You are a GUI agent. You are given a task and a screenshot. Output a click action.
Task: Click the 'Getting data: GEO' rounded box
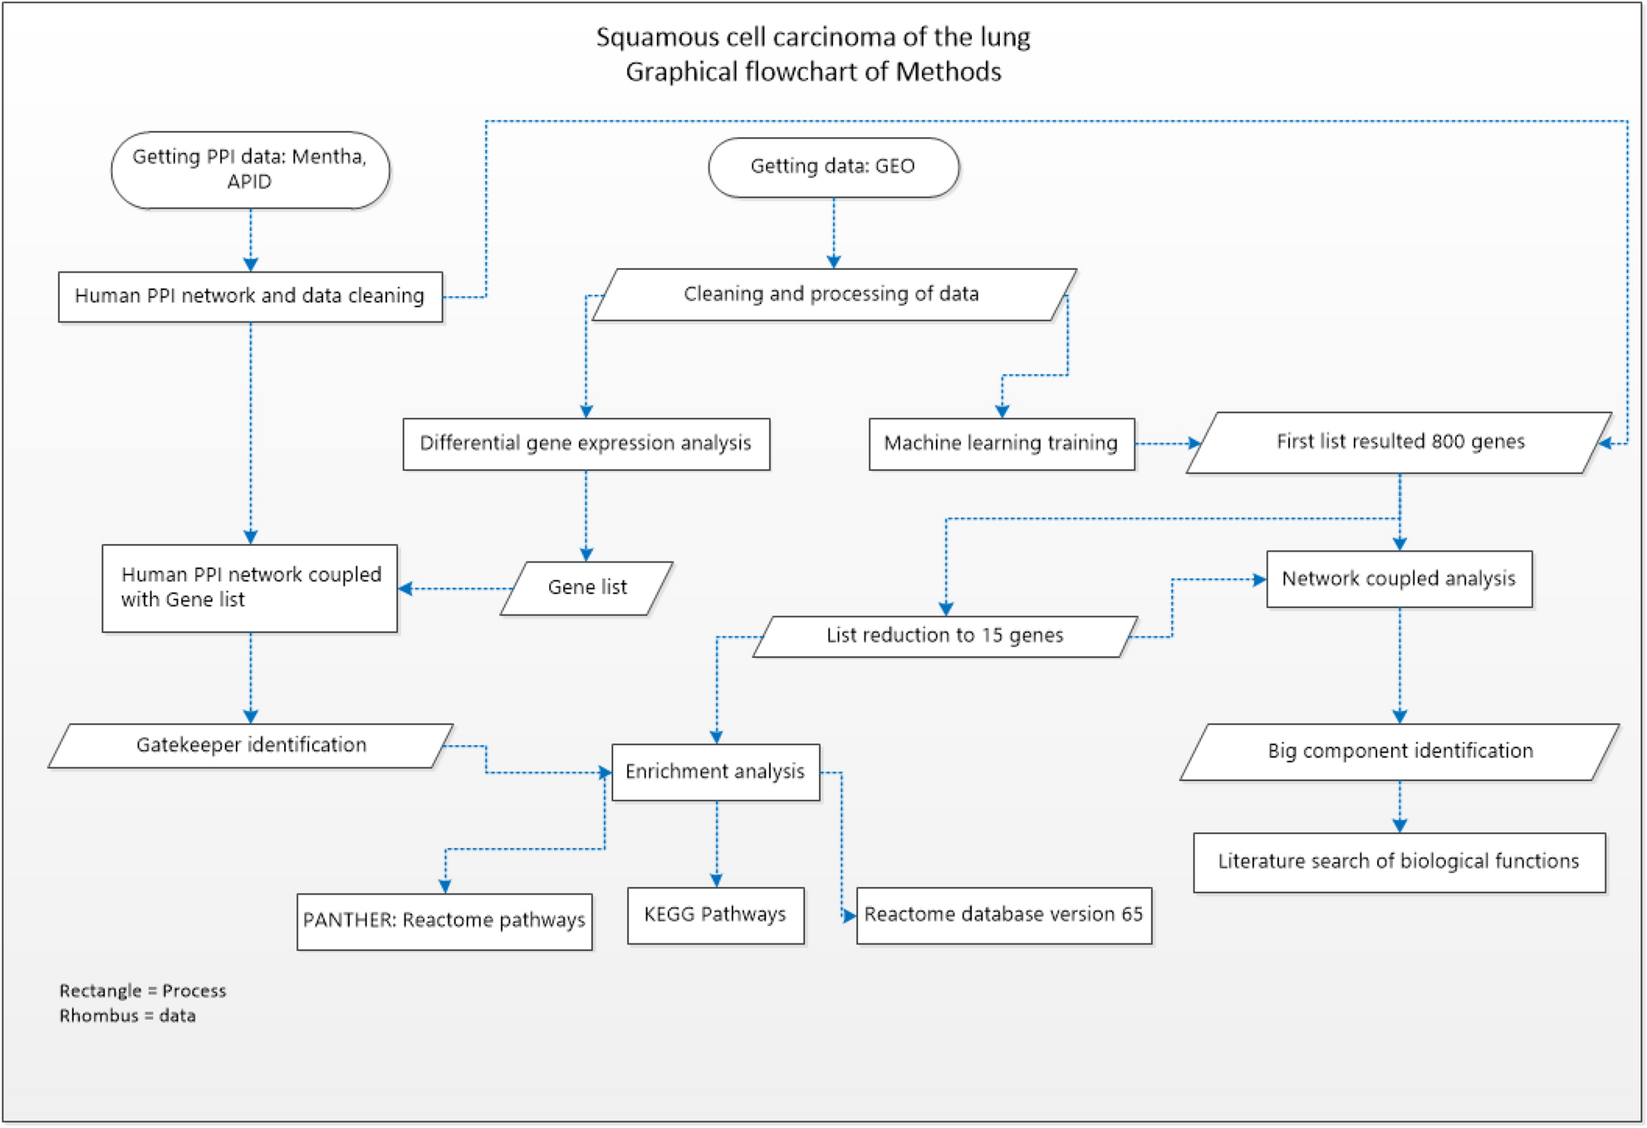[833, 167]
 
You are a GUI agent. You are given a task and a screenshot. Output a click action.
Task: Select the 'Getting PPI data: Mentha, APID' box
[250, 169]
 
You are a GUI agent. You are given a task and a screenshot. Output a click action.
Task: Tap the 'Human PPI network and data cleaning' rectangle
[250, 297]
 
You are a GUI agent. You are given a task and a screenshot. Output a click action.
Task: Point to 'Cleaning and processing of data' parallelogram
[833, 294]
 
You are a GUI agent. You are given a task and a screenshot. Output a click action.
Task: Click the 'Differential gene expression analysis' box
[586, 444]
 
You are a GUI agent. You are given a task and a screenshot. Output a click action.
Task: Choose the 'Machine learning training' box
[1001, 444]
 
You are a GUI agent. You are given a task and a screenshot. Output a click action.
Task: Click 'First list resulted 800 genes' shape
[1399, 442]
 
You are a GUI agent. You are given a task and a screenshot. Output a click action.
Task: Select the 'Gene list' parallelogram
[586, 588]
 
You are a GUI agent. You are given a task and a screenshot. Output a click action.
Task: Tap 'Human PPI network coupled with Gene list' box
[249, 588]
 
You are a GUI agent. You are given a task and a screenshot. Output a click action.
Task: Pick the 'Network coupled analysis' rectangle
[1399, 579]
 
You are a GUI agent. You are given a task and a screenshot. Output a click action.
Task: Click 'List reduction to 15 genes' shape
[944, 636]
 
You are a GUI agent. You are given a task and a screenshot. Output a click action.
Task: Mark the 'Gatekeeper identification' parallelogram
[251, 745]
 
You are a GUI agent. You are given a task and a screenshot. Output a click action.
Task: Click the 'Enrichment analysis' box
[715, 772]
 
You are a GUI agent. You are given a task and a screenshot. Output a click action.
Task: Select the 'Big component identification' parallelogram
[1399, 752]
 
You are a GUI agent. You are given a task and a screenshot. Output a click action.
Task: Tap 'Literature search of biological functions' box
[1399, 862]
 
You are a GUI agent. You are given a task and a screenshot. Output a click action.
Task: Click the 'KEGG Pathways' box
[715, 915]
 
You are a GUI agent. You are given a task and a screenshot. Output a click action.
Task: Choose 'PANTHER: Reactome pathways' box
[444, 921]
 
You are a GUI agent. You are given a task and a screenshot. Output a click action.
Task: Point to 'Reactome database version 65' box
[1003, 915]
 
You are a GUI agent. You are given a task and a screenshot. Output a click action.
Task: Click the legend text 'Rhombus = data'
[127, 1017]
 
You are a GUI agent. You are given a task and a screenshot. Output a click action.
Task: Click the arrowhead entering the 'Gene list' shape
[586, 554]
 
